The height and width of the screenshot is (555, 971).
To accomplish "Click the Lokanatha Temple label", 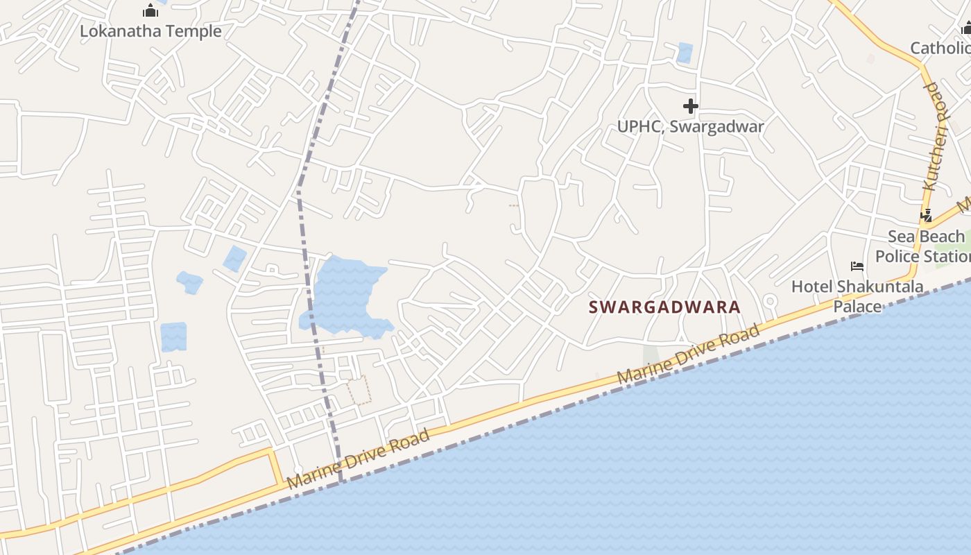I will (151, 31).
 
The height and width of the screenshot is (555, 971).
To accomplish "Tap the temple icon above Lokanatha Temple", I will (151, 10).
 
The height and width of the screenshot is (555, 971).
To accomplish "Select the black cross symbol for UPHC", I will (690, 106).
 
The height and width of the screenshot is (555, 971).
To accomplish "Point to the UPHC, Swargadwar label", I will (690, 126).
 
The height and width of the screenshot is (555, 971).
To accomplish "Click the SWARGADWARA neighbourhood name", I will (664, 307).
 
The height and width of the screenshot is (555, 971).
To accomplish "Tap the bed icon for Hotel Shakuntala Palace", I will (857, 266).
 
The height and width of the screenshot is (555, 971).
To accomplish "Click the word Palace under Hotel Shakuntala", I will (857, 306).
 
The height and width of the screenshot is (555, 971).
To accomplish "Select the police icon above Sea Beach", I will (926, 216).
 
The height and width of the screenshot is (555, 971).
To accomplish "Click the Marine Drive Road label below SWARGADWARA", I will (689, 356).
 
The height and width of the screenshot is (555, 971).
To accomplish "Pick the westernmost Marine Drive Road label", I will (359, 459).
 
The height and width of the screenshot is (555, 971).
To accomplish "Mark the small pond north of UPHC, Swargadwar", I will (685, 53).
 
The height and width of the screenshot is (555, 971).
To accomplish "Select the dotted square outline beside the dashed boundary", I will (359, 390).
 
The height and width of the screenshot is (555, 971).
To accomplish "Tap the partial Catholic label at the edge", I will (940, 48).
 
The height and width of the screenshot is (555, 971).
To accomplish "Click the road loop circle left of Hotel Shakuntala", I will (769, 301).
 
